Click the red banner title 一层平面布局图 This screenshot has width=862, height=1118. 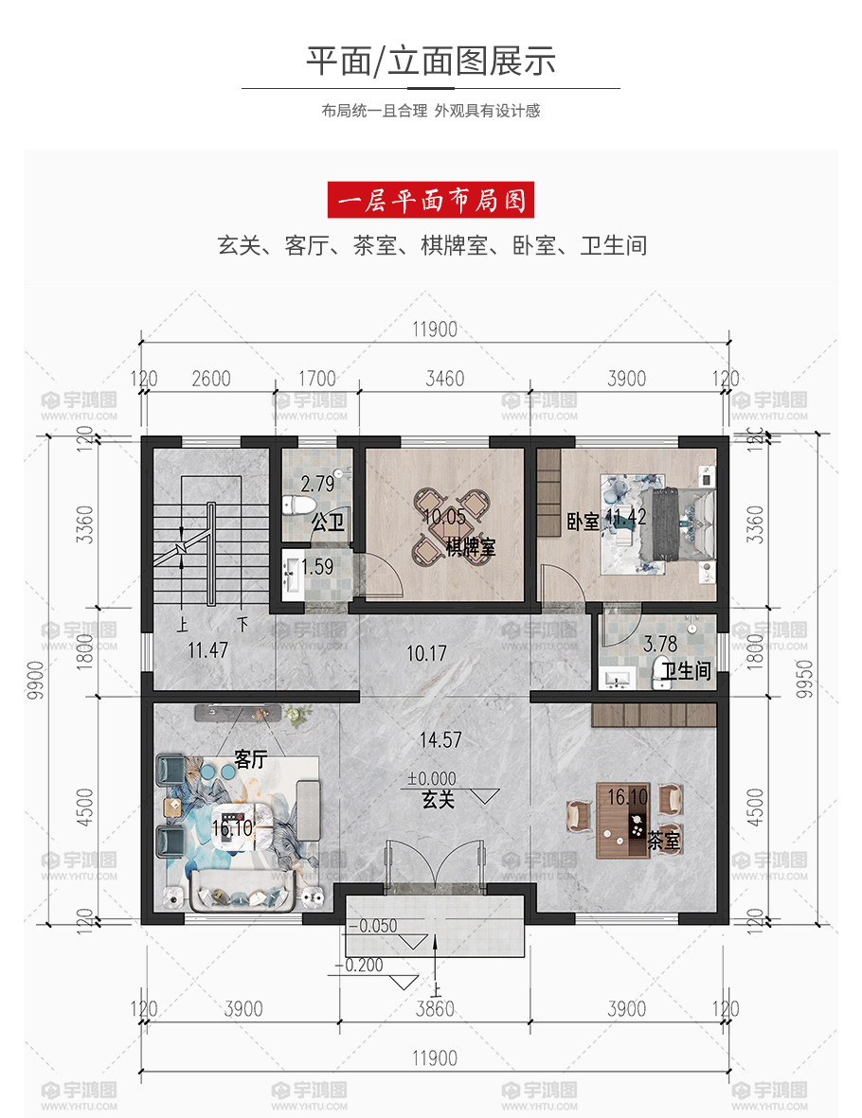tap(431, 201)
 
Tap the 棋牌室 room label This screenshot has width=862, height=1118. tap(470, 547)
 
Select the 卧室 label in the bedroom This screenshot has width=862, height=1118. tap(583, 522)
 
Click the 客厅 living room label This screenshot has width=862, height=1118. tap(250, 759)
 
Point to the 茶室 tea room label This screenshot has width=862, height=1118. tap(663, 842)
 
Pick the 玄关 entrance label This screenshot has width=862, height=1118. tap(439, 800)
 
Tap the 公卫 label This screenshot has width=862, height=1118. tap(328, 523)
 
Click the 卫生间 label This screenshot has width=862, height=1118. tap(686, 671)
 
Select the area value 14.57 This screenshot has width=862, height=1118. tap(440, 740)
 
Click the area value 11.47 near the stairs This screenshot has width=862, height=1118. tap(207, 650)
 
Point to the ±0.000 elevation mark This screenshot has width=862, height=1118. tap(432, 778)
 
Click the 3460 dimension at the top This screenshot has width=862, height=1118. tap(444, 379)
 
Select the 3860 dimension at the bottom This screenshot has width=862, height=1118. tap(435, 1009)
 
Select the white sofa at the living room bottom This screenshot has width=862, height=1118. tap(243, 891)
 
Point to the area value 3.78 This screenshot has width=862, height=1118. tap(660, 645)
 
